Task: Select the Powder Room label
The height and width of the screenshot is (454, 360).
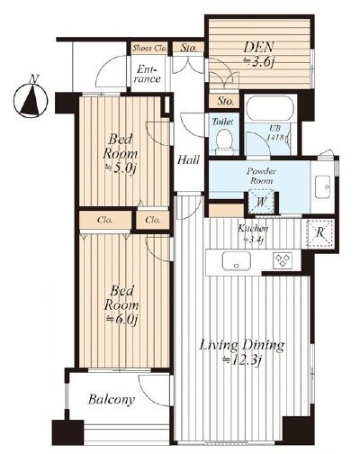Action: coord(260,176)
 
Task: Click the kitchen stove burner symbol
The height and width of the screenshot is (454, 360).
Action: coord(283,262)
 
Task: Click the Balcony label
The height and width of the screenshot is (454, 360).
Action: coord(112,401)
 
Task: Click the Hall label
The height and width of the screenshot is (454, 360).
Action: coord(188,159)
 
